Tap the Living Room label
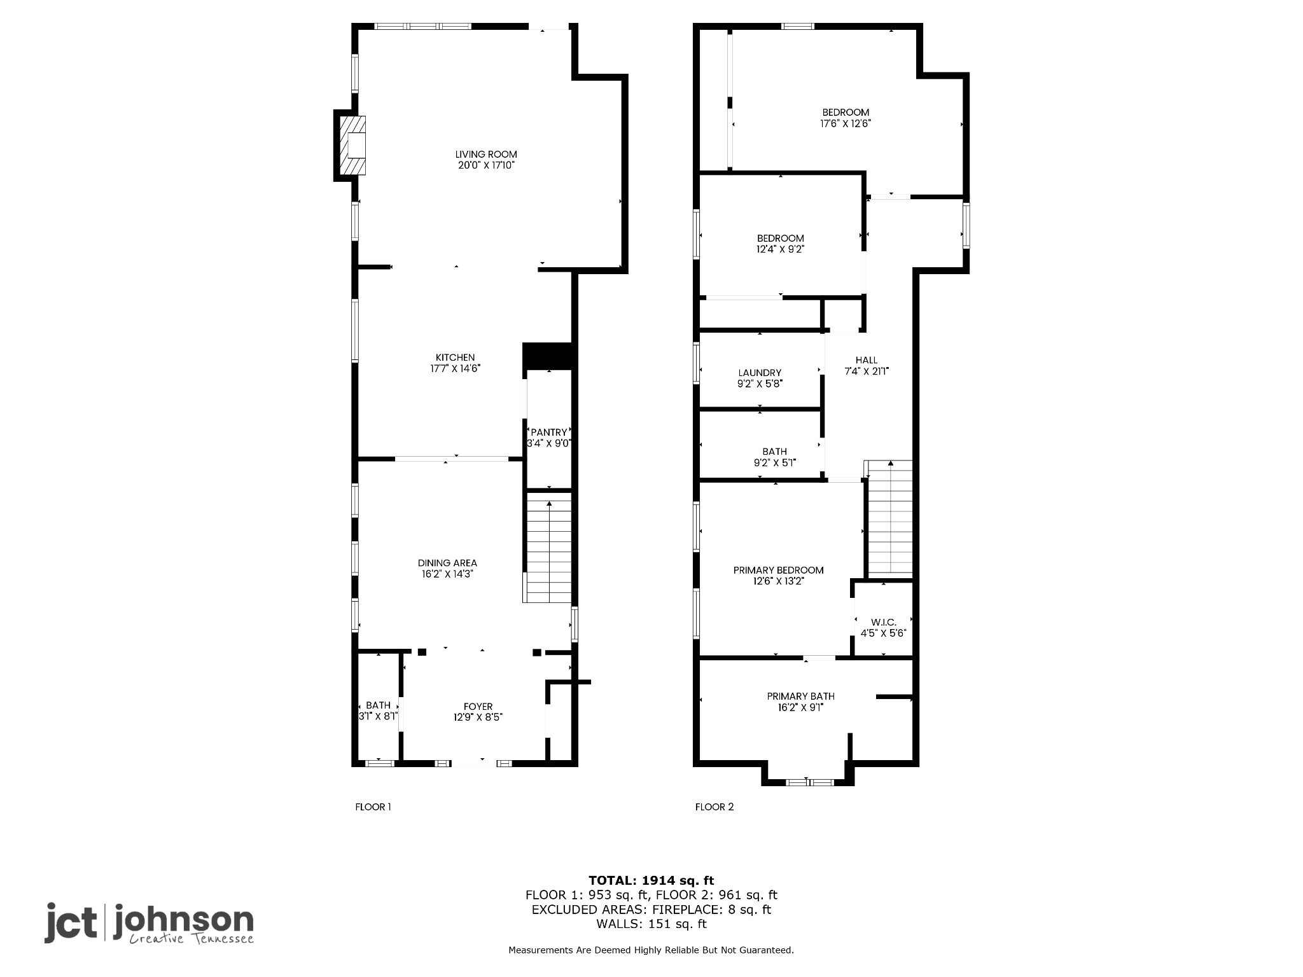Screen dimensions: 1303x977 tap(486, 155)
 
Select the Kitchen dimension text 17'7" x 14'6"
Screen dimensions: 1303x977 tap(455, 368)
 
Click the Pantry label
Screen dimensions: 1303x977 tap(548, 433)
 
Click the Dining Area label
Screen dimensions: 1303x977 tap(447, 563)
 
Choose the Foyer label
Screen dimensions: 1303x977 tap(478, 707)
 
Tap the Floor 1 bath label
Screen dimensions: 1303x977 tap(378, 705)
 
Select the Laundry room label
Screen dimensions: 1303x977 tap(760, 373)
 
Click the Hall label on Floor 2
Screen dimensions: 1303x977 tap(867, 360)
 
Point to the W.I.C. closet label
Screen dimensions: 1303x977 tap(883, 622)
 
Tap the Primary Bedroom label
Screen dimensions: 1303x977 tap(779, 570)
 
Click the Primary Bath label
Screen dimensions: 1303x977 tap(800, 696)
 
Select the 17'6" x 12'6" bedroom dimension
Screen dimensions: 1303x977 tap(846, 123)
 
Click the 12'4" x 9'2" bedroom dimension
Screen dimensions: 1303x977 tap(780, 249)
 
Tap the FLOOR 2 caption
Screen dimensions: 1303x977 tap(714, 807)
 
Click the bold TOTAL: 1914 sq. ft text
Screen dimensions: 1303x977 tap(651, 880)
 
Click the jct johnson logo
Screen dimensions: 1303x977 tap(149, 923)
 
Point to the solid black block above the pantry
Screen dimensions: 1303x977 tap(549, 356)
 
